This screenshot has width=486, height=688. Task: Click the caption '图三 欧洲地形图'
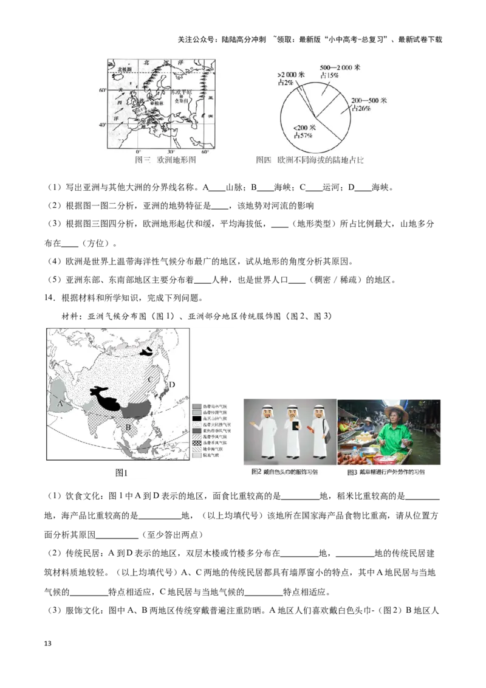pyautogui.click(x=166, y=160)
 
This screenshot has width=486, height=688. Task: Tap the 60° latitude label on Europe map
pyautogui.click(x=103, y=90)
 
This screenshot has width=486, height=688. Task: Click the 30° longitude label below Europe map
pyautogui.click(x=171, y=151)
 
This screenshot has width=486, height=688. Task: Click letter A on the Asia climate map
pyautogui.click(x=60, y=404)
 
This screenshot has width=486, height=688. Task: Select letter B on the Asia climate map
pyautogui.click(x=128, y=427)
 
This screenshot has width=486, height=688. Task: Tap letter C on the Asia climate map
pyautogui.click(x=151, y=379)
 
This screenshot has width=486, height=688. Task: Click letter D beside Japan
pyautogui.click(x=172, y=384)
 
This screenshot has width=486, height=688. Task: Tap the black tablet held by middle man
pyautogui.click(x=295, y=427)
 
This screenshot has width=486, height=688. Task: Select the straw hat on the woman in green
pyautogui.click(x=396, y=410)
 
